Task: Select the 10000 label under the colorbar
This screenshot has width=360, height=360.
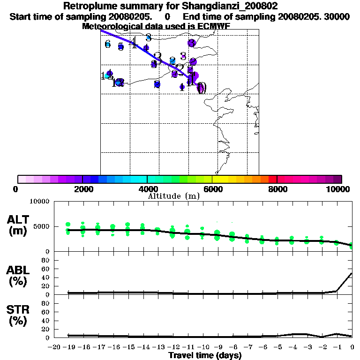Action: (338, 189)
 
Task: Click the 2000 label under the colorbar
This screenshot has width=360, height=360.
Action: (82, 189)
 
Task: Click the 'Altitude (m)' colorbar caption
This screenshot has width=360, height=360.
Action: (173, 196)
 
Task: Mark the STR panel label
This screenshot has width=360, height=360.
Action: (17, 309)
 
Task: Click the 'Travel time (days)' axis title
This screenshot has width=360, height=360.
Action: (205, 356)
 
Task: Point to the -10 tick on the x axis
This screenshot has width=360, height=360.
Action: (203, 347)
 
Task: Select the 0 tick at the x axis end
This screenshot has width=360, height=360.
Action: (352, 347)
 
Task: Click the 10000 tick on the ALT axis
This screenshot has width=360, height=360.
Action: (39, 202)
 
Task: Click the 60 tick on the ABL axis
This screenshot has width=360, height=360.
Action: (46, 269)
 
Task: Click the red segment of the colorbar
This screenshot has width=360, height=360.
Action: (273, 179)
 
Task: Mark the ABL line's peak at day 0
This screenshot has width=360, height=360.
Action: (352, 273)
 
